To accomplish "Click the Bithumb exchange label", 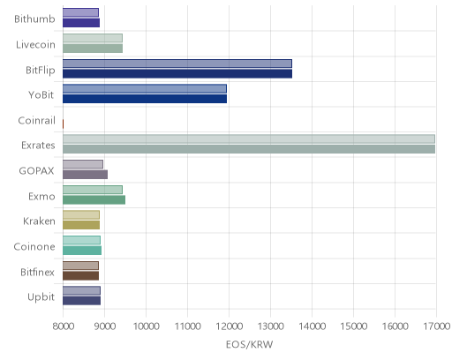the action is tap(34, 19).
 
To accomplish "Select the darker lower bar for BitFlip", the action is tap(177, 73).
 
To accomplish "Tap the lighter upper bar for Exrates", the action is tap(249, 139).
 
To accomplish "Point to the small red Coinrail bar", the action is tap(63, 124).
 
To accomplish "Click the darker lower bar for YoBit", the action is tap(145, 99).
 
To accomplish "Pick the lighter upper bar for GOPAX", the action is tap(83, 164).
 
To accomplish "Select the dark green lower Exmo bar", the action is tap(94, 199).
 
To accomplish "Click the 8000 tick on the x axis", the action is tap(63, 326).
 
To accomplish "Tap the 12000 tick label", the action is tap(229, 326).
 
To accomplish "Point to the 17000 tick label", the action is tap(437, 326).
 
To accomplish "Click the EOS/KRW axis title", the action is tap(249, 344).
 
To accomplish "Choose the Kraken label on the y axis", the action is tap(39, 221).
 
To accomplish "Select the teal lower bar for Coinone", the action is tap(82, 251).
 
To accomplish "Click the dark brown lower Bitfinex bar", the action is tap(80, 276).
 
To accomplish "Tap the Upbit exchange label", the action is tap(41, 297).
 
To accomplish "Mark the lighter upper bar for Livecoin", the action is tap(93, 38).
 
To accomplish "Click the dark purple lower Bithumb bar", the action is tap(81, 23).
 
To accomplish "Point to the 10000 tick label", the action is tap(146, 326).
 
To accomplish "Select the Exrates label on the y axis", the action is tap(38, 145).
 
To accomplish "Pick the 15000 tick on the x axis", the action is tap(353, 326).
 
